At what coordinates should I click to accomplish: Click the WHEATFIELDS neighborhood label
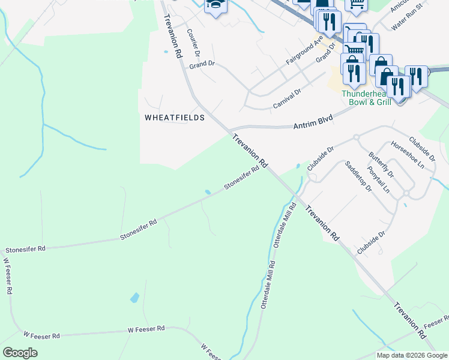pyautogui.click(x=175, y=118)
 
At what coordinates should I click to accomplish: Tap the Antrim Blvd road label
pyautogui.click(x=313, y=123)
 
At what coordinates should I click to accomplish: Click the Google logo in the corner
pyautogui.click(x=20, y=353)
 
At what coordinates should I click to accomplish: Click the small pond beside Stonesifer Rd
pyautogui.click(x=207, y=192)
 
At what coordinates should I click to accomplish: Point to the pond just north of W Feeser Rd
pyautogui.click(x=134, y=298)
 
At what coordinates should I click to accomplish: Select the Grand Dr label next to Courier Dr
pyautogui.click(x=202, y=64)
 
